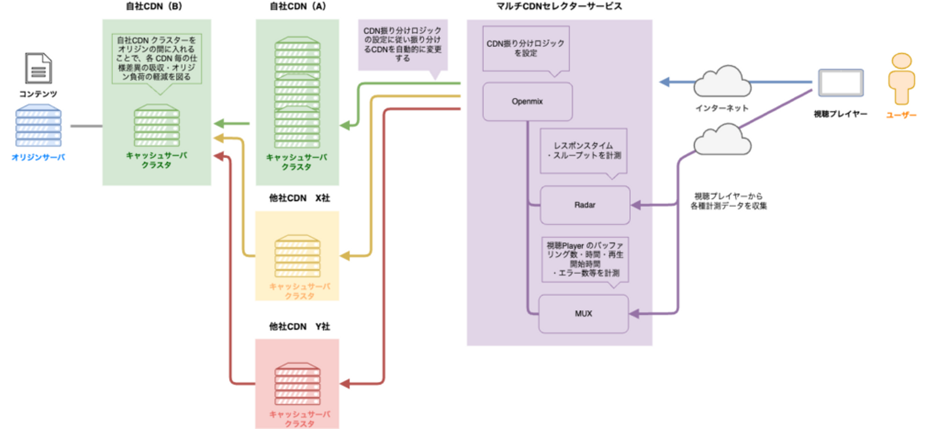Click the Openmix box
coord(527,101)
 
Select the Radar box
coord(585,205)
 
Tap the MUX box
coord(584,313)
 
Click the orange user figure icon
coord(901,79)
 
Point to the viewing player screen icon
coord(841,84)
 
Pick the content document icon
coord(38,69)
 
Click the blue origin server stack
coord(38,127)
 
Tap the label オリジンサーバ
coord(38,157)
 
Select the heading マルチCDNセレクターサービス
coord(559,7)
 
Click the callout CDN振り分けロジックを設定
coord(526,48)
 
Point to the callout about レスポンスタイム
coord(584,151)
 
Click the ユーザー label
coord(901,115)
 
